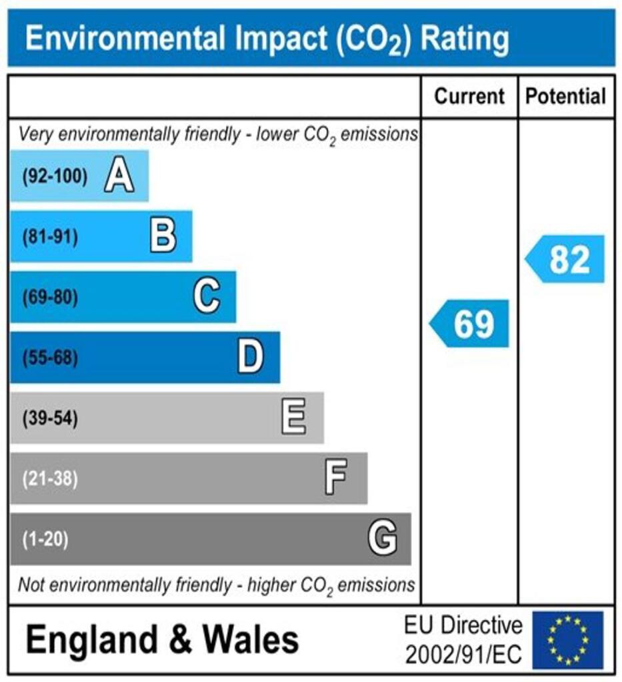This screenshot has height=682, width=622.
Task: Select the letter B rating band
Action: pyautogui.click(x=163, y=236)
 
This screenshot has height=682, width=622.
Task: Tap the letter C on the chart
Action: pyautogui.click(x=207, y=297)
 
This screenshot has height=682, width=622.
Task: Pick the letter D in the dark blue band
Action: pyautogui.click(x=251, y=358)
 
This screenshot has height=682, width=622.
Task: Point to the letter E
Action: pyautogui.click(x=294, y=418)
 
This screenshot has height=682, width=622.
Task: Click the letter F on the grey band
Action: pyautogui.click(x=335, y=478)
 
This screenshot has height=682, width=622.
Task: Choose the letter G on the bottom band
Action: pyautogui.click(x=383, y=538)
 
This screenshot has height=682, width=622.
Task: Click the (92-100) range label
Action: pyautogui.click(x=55, y=177)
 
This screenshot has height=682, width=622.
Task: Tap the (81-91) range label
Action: pyautogui.click(x=50, y=237)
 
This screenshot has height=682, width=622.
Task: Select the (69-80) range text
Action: pyautogui.click(x=50, y=298)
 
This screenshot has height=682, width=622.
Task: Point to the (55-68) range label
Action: pyautogui.click(x=50, y=358)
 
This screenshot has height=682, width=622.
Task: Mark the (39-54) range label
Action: pyautogui.click(x=50, y=419)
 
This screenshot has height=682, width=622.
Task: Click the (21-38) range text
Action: pyautogui.click(x=50, y=479)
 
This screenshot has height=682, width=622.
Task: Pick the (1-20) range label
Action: pyautogui.click(x=45, y=539)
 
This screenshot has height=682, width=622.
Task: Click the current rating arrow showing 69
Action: pyautogui.click(x=469, y=324)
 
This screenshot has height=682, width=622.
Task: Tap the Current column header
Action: pyautogui.click(x=469, y=97)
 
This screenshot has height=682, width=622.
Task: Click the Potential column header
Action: pyautogui.click(x=566, y=97)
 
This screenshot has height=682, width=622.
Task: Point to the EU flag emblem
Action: pyautogui.click(x=567, y=639)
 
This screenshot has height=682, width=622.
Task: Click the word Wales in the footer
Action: pyautogui.click(x=251, y=640)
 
